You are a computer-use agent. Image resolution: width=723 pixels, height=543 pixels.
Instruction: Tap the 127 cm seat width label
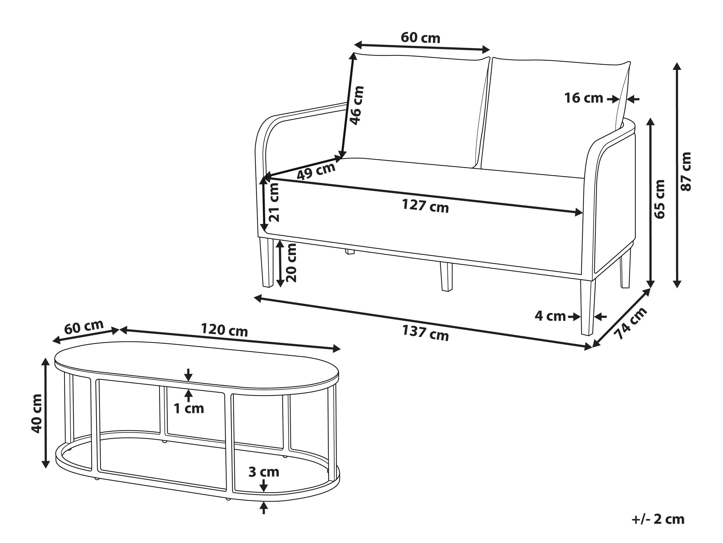click(x=425, y=206)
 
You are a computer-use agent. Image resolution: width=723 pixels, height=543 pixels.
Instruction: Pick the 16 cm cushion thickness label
click(x=584, y=98)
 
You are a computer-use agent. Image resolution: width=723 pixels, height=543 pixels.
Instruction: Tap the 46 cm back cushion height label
click(x=357, y=105)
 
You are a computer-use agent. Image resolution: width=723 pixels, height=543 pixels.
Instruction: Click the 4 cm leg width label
click(x=550, y=316)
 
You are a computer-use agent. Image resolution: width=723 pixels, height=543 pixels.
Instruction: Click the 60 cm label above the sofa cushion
click(x=420, y=38)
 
